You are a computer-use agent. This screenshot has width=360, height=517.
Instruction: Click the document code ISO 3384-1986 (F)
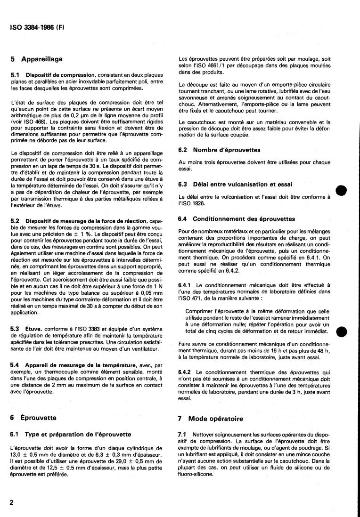pyautogui.click(x=37, y=27)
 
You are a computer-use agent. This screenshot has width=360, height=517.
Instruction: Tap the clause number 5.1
pyautogui.click(x=15, y=75)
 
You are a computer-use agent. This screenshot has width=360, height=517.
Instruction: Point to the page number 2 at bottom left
pyautogui.click(x=11, y=502)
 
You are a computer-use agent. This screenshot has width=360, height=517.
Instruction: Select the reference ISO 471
pyautogui.click(x=192, y=298)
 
